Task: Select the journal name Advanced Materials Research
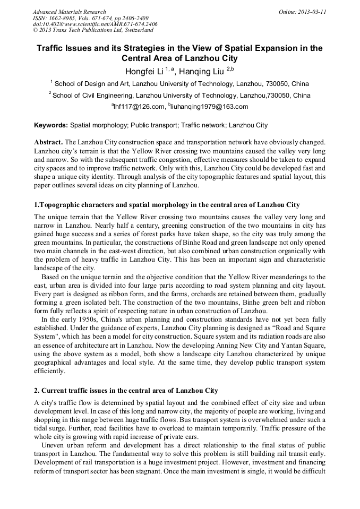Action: (x=70, y=12)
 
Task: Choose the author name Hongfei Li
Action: (x=144, y=71)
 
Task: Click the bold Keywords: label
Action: (x=51, y=126)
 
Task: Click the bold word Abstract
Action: (x=48, y=143)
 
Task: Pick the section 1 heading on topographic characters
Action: (x=167, y=205)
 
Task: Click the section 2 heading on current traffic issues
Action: (x=126, y=391)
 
